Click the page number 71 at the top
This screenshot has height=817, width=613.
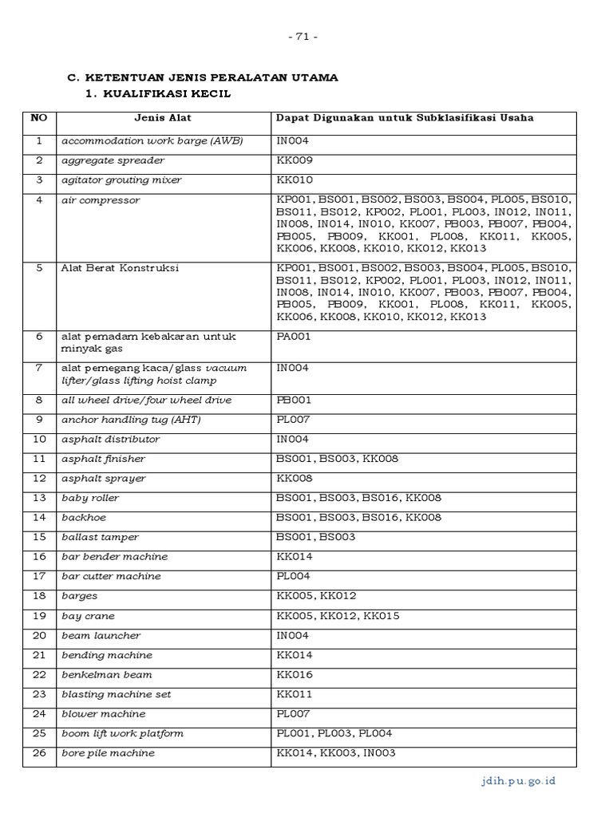pyautogui.click(x=306, y=37)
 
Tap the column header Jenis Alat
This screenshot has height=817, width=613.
pyautogui.click(x=163, y=118)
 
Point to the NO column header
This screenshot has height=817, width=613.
pyautogui.click(x=39, y=118)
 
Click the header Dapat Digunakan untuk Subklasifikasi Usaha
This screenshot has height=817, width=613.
pyautogui.click(x=405, y=118)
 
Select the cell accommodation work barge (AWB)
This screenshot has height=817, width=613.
pyautogui.click(x=152, y=141)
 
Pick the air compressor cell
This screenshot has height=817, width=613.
pyautogui.click(x=101, y=200)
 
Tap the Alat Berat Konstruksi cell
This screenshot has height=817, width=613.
pyautogui.click(x=121, y=268)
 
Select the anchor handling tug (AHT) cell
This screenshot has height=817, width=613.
pyautogui.click(x=132, y=420)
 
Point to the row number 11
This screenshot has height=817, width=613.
pyautogui.click(x=39, y=459)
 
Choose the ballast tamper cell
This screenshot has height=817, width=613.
pyautogui.click(x=100, y=537)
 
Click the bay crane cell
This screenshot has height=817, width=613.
pyautogui.click(x=88, y=616)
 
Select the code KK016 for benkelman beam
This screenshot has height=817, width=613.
pyautogui.click(x=293, y=674)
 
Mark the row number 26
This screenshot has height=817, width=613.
pyautogui.click(x=39, y=753)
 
